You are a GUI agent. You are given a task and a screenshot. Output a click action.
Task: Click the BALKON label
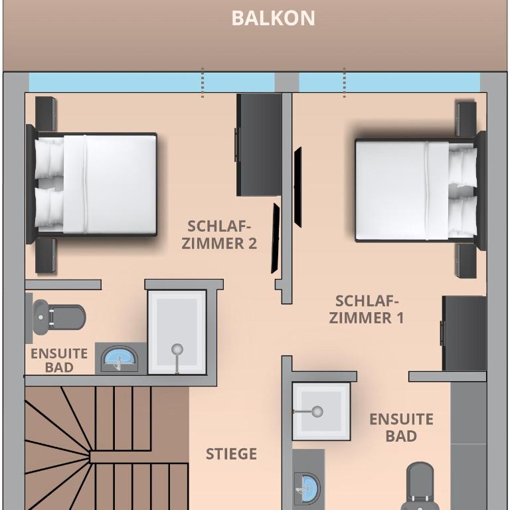click(273, 18)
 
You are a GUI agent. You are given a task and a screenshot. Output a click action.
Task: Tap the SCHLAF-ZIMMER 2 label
click(219, 235)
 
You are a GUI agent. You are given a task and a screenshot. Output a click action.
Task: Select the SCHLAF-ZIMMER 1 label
click(367, 309)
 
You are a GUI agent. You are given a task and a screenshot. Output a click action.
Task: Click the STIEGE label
click(231, 454)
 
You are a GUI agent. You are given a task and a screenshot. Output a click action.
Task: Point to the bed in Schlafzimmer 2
click(92, 184)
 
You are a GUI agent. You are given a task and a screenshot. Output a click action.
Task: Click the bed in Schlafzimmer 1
click(420, 191)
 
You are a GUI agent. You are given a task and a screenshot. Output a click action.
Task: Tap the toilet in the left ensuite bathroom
click(59, 317)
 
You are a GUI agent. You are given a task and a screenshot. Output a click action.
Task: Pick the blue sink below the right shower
click(307, 488)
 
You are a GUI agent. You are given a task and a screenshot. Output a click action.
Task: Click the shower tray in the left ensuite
click(177, 332)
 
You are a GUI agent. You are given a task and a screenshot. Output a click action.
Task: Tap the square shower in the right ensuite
click(321, 411)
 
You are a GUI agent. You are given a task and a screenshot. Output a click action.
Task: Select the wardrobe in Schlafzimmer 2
click(258, 145)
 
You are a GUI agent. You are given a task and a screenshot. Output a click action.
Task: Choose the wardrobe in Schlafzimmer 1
click(464, 333)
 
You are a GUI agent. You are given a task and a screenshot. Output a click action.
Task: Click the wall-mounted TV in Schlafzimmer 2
click(276, 238)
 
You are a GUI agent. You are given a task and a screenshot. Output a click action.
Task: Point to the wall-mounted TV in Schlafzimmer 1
click(297, 187)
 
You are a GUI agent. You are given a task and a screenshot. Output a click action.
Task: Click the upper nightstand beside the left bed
click(46, 114)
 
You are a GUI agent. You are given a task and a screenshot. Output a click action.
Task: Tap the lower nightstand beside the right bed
click(467, 261)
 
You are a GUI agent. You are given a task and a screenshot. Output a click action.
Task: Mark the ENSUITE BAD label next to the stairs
click(59, 361)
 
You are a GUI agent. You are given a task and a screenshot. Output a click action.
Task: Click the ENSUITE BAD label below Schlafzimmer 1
click(401, 428)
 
